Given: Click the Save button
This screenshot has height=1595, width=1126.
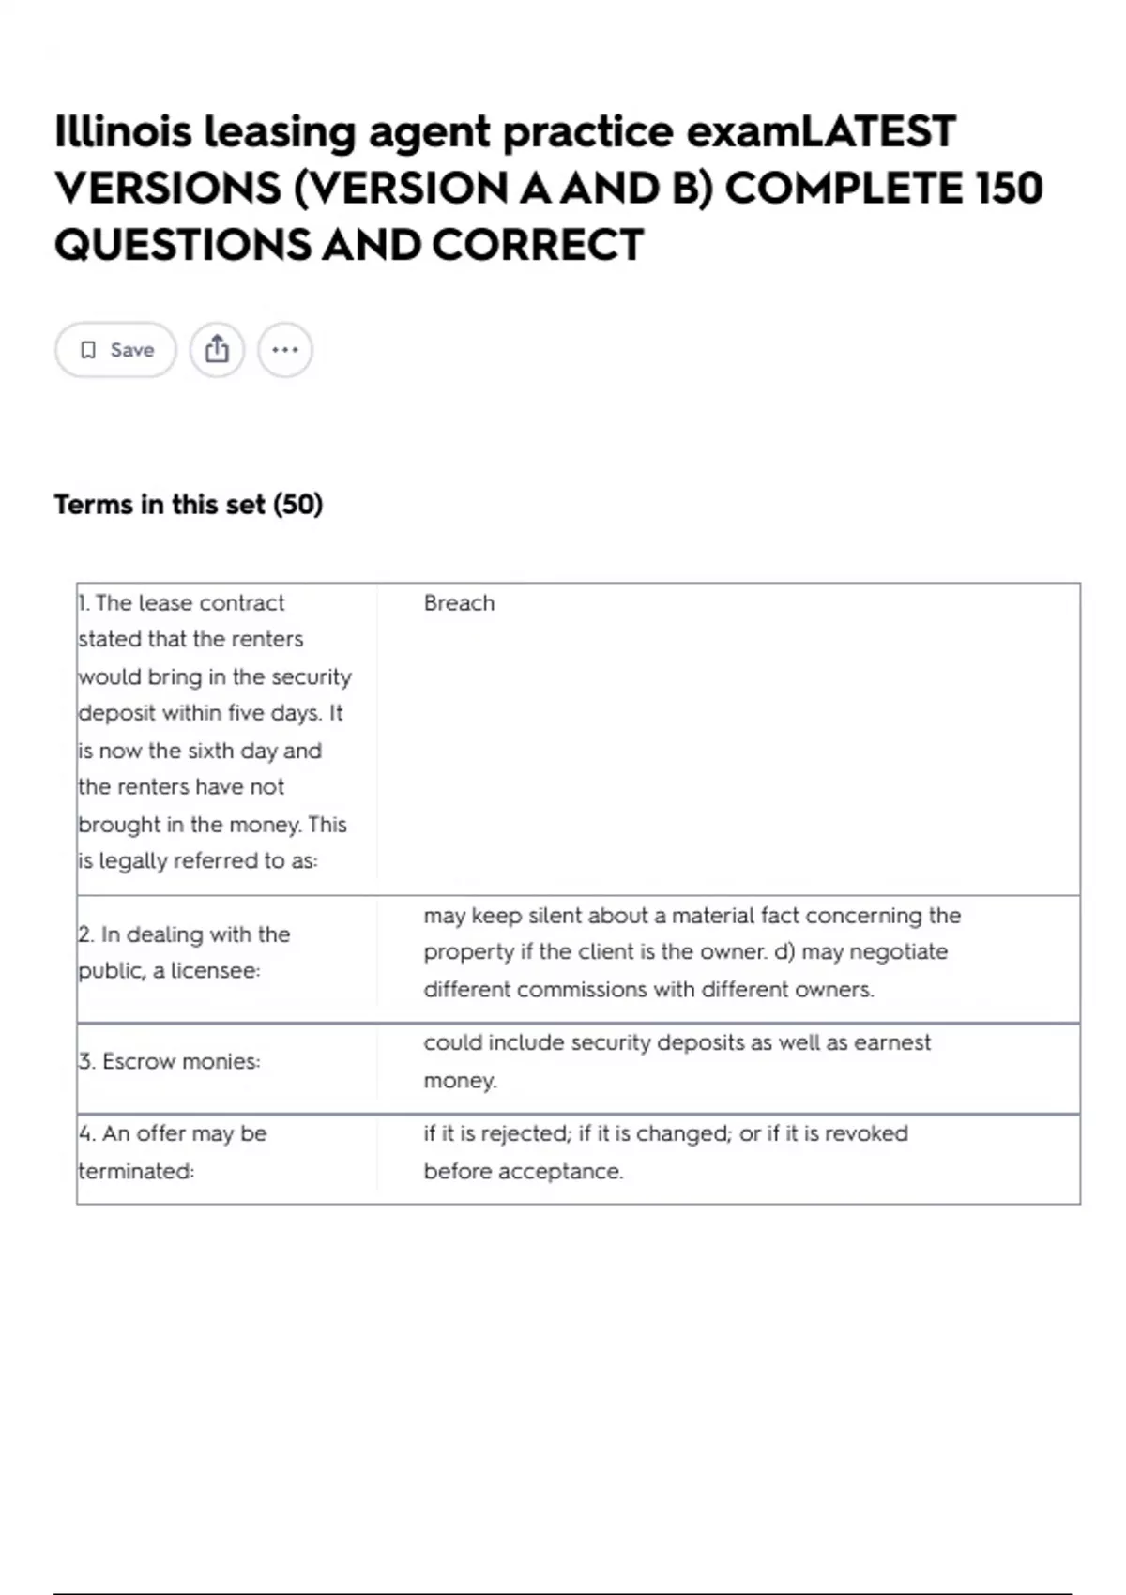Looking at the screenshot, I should coord(115,350).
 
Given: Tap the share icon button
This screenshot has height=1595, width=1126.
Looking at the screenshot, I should coord(217,350).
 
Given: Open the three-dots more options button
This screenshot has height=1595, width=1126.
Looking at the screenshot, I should coord(284,350).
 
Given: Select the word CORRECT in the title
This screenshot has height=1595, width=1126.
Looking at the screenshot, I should coord(537,245).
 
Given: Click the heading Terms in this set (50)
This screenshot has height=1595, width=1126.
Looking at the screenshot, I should coord(188,505).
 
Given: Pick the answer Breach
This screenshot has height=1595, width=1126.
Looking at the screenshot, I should coord(459,603).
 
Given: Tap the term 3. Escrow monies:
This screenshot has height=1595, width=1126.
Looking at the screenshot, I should coord(169,1061).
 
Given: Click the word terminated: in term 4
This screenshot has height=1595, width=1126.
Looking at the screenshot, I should coord(136,1171).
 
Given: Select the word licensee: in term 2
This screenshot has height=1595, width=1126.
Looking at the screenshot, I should coord(215,970).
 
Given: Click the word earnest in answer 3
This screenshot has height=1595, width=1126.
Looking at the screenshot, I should coord(892,1042).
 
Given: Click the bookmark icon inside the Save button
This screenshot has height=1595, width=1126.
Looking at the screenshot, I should coord(88,350).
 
